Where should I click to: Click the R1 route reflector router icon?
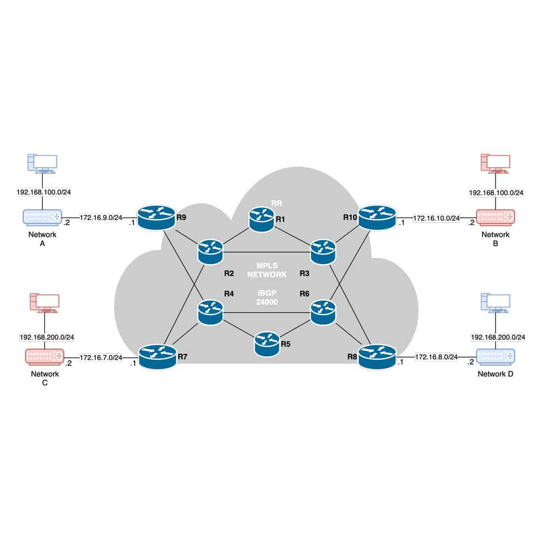pos(261,219)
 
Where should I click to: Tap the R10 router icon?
pos(377,217)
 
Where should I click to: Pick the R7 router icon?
pos(157,357)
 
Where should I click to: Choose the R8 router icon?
pos(377,357)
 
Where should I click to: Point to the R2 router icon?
pos(210,252)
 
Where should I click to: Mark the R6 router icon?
pos(323,313)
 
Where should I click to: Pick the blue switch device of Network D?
pos(496,357)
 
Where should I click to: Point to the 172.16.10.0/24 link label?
pos(436,218)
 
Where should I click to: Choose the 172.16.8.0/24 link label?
pos(436,357)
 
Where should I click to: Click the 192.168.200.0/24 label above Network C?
pos(47,337)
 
